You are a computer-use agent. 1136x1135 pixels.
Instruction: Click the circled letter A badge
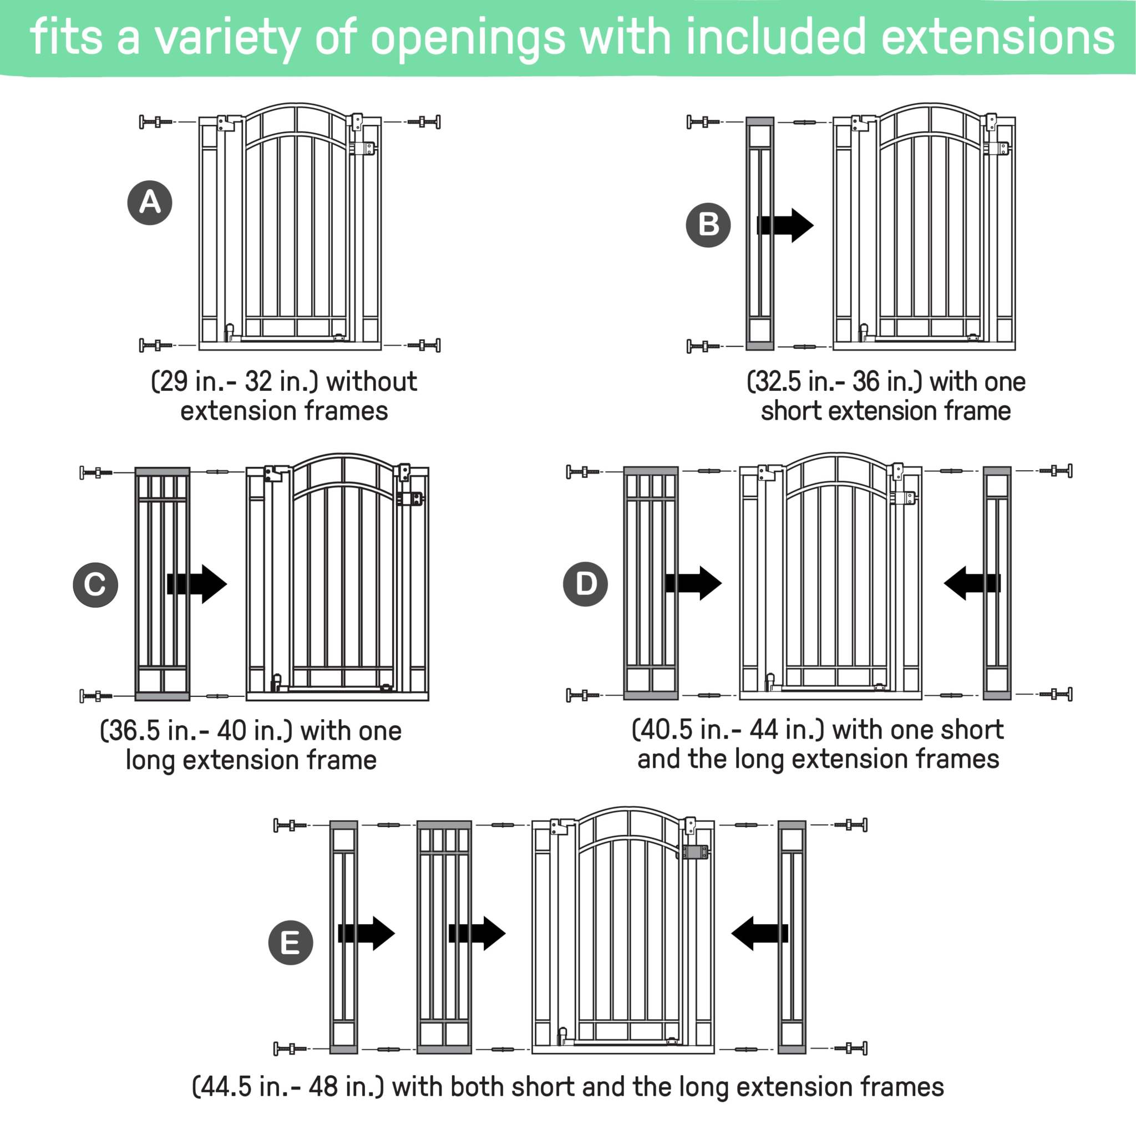150,203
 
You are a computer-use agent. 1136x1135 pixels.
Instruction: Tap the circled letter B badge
708,225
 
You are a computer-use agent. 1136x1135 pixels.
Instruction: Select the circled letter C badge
95,584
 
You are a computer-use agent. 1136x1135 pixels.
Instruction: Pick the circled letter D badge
586,584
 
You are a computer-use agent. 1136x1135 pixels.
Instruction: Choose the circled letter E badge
291,943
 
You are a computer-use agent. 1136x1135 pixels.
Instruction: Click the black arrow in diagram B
785,225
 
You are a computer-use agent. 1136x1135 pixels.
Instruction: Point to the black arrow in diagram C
197,584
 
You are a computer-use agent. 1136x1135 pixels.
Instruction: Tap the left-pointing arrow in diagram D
971,583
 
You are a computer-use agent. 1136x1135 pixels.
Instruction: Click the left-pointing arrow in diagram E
759,933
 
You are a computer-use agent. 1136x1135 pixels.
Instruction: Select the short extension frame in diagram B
760,233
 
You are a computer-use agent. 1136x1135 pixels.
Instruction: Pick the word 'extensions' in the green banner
997,37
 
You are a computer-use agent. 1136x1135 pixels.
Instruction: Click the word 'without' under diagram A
372,381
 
